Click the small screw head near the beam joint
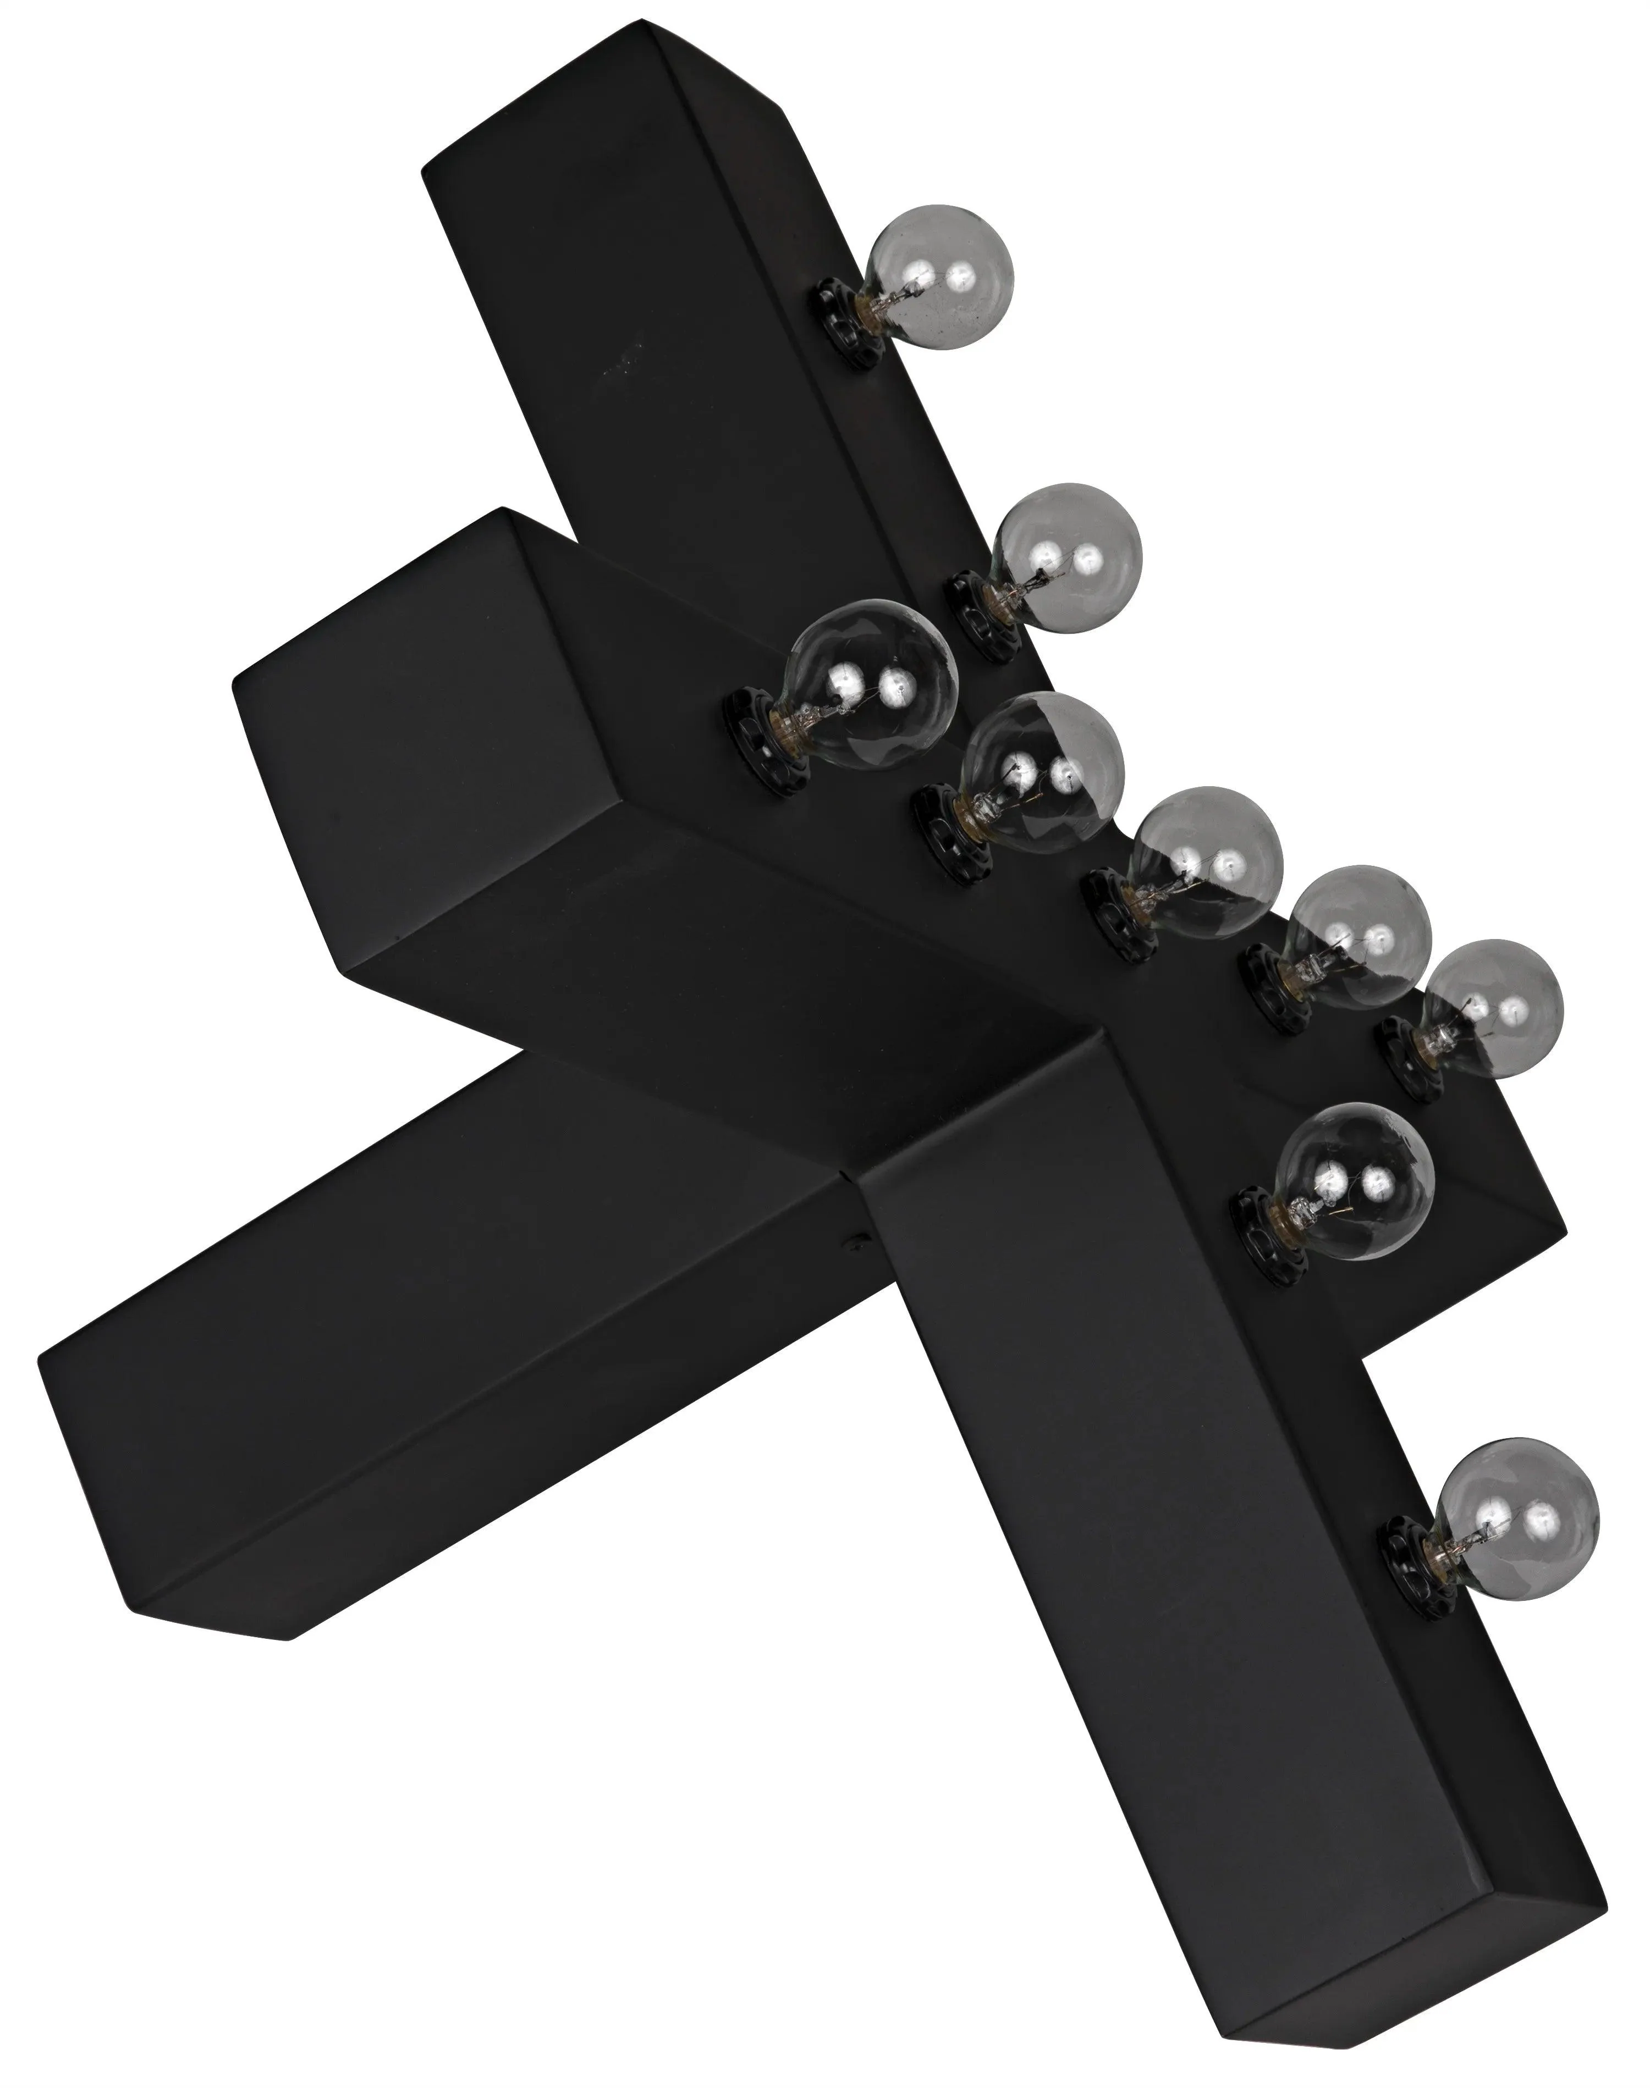click(x=854, y=1247)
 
